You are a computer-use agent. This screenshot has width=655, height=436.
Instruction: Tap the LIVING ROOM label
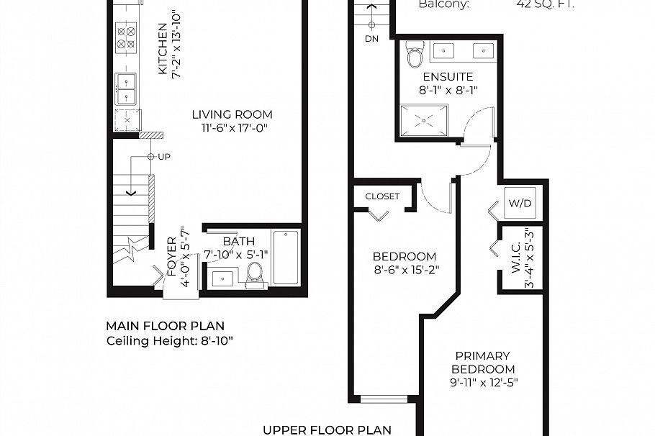coord(232,114)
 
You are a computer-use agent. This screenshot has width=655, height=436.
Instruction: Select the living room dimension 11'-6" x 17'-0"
coord(232,129)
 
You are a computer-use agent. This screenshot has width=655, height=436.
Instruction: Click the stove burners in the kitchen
coord(127,37)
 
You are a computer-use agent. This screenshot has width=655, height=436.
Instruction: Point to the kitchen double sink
coord(127,88)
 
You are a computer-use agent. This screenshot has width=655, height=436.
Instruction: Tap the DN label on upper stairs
coord(371,38)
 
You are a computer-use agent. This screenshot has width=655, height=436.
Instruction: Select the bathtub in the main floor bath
coord(286,258)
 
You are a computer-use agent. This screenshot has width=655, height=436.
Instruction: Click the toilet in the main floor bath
coord(255,273)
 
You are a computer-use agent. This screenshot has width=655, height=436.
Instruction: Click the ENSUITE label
coord(448,77)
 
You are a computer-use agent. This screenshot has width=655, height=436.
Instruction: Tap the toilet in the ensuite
coord(415,55)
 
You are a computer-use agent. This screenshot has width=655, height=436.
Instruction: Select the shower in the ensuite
coord(425,119)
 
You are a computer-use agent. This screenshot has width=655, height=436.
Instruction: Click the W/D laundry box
coord(520,204)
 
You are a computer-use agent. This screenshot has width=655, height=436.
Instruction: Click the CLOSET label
coord(382,196)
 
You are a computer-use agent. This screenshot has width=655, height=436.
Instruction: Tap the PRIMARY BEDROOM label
coord(482,362)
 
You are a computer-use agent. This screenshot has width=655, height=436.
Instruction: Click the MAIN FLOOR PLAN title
coord(165,326)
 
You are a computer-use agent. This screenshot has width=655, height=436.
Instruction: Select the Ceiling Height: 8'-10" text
coord(170,340)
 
